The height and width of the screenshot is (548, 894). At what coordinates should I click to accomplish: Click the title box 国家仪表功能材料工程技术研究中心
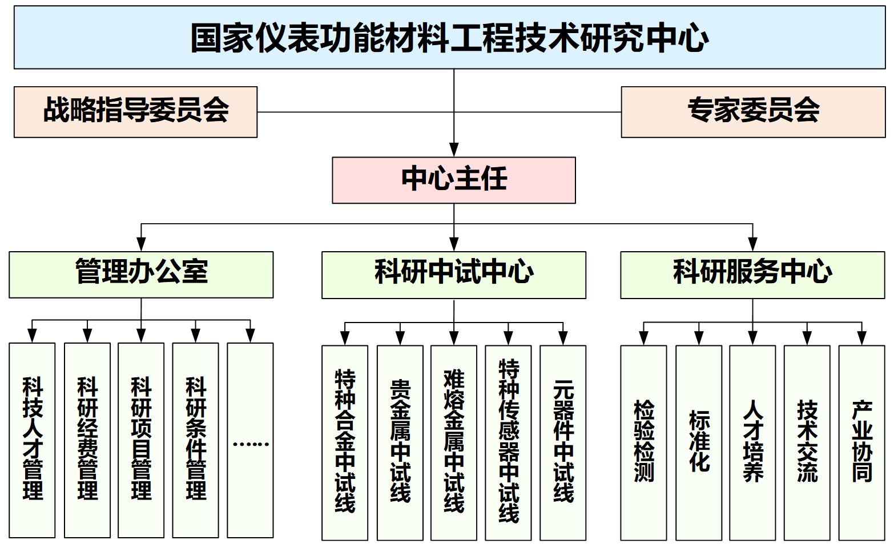pos(449,38)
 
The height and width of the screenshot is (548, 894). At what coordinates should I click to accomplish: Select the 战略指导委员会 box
pos(135,112)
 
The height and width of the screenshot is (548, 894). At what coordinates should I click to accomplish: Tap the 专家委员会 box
pos(752,112)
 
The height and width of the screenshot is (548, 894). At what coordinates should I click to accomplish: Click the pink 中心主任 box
pos(454,180)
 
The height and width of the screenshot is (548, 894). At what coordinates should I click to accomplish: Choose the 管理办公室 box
pos(141,275)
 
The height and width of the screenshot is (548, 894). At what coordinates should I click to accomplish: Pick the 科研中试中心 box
pos(454,275)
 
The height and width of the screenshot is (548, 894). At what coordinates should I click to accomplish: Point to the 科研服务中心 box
pos(752,275)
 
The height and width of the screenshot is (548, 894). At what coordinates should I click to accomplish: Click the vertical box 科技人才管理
pos(32,440)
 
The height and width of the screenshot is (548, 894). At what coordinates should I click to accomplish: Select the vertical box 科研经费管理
pos(87,440)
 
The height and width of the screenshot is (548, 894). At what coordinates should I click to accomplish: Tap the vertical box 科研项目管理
pos(141,440)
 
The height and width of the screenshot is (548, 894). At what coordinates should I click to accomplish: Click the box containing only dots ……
pos(250,440)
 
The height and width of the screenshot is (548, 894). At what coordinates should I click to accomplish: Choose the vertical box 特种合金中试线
pos(345,442)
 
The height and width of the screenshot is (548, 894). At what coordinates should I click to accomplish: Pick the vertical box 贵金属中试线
pos(400,442)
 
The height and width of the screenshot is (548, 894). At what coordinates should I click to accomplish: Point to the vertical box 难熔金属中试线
pos(454,442)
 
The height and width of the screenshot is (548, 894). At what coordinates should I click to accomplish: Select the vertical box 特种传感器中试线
pos(508,442)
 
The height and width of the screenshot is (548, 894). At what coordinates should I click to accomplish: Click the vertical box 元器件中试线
pos(563,442)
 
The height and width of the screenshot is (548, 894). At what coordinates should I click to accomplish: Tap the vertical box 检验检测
pos(643,442)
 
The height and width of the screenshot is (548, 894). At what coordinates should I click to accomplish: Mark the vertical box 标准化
pos(698,442)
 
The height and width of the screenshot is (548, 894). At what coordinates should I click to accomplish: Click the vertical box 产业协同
pos(861,442)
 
